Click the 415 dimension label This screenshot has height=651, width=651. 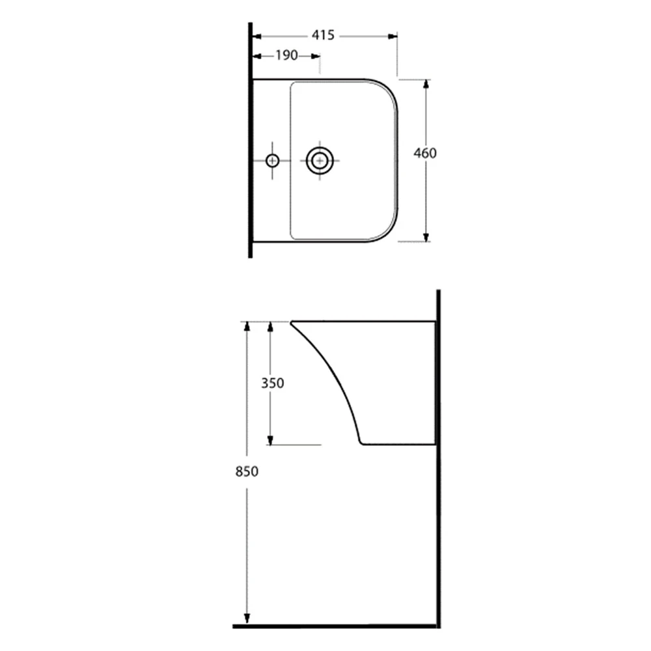(323, 35)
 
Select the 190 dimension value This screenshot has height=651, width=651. (287, 55)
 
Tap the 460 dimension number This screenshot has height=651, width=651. (425, 153)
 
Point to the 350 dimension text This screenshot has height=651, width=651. (272, 383)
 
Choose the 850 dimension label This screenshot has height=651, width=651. (247, 471)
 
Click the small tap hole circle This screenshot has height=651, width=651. (272, 160)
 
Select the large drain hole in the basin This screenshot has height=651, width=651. (320, 160)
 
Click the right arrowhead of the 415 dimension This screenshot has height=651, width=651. (393, 36)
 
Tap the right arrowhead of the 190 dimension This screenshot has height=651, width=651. (316, 56)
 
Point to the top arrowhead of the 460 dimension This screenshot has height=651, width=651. (426, 84)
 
